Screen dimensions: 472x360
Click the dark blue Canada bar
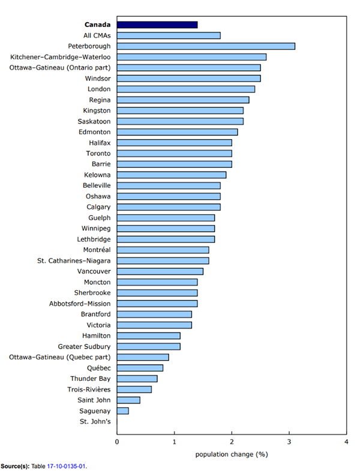pyautogui.click(x=157, y=25)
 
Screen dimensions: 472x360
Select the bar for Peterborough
pyautogui.click(x=206, y=46)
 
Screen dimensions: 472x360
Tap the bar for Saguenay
pyautogui.click(x=123, y=411)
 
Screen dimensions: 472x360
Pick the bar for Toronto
pyautogui.click(x=174, y=154)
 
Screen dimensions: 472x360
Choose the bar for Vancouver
pyautogui.click(x=160, y=271)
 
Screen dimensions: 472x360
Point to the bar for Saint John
pyautogui.click(x=128, y=400)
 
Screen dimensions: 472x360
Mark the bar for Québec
pyautogui.click(x=140, y=368)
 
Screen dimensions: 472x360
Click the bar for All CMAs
pyautogui.click(x=169, y=35)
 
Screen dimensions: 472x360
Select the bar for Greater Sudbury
pyautogui.click(x=149, y=347)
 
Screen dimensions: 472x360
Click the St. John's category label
pyautogui.click(x=95, y=422)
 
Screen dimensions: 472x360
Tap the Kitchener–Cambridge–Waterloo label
pyautogui.click(x=60, y=57)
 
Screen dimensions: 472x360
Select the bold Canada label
pyautogui.click(x=97, y=25)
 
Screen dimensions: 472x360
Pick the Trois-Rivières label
pyautogui.click(x=88, y=389)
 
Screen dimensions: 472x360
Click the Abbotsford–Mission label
pyautogui.click(x=80, y=303)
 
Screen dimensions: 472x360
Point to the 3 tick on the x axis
pyautogui.click(x=289, y=442)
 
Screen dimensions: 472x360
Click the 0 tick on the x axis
pyautogui.click(x=117, y=442)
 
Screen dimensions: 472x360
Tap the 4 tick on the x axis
pyautogui.click(x=346, y=442)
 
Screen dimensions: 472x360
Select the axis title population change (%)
pyautogui.click(x=231, y=454)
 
